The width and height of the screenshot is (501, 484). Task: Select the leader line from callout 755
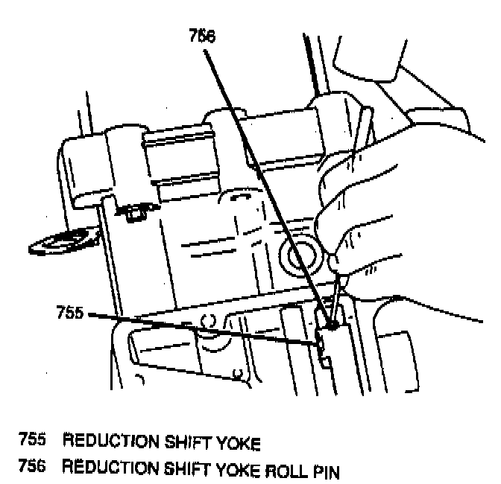[201, 328]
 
